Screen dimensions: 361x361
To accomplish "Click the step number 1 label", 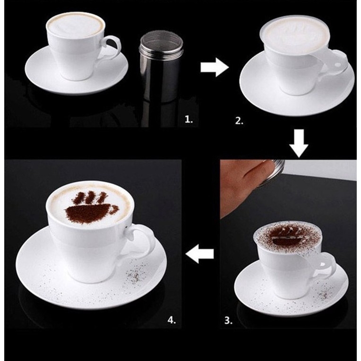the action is (x=189, y=119).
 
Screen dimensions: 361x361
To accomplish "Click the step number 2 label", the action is (x=239, y=121).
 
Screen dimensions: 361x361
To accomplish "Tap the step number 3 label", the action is (x=228, y=320).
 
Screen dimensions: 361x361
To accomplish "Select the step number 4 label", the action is (x=172, y=320).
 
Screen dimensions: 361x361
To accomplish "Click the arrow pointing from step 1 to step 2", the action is (x=215, y=67).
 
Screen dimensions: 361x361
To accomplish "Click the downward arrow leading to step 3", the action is (x=299, y=143).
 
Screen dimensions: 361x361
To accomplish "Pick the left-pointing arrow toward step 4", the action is (x=199, y=254).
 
